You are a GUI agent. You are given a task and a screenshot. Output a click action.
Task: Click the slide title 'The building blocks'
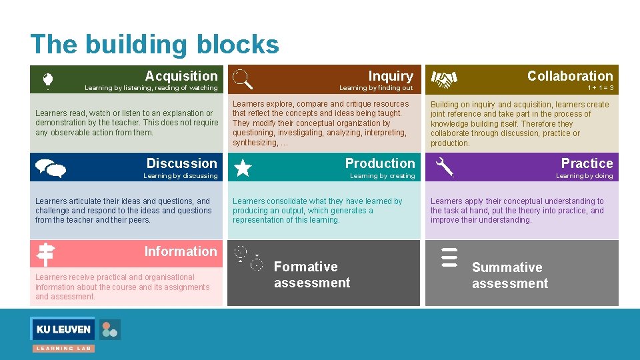pyautogui.click(x=155, y=44)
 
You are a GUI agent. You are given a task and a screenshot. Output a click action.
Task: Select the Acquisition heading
pyautogui.click(x=181, y=76)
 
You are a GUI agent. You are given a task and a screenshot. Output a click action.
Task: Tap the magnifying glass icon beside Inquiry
pyautogui.click(x=243, y=79)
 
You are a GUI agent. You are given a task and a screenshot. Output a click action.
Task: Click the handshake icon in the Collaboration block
pyautogui.click(x=444, y=80)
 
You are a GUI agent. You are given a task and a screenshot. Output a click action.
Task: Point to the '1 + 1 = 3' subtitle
pyautogui.click(x=600, y=88)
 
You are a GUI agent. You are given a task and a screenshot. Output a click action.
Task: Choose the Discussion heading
pyautogui.click(x=181, y=163)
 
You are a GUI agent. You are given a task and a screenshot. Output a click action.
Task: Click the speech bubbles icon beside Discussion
pyautogui.click(x=50, y=169)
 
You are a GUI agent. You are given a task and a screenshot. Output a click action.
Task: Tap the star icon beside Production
pyautogui.click(x=243, y=167)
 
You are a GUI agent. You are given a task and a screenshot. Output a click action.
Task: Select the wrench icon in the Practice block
pyautogui.click(x=444, y=167)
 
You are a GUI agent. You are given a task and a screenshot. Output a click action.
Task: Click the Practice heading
pyautogui.click(x=587, y=163)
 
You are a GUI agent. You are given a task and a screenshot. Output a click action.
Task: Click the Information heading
pyautogui.click(x=181, y=251)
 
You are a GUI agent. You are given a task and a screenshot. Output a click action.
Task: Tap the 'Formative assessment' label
pyautogui.click(x=311, y=275)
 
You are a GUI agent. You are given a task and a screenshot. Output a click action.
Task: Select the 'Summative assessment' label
pyautogui.click(x=509, y=275)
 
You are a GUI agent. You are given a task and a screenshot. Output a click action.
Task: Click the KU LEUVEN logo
pyautogui.click(x=64, y=329)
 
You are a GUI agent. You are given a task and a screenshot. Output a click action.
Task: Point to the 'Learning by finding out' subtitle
pyautogui.click(x=376, y=88)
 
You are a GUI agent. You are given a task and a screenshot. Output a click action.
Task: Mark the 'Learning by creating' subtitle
pyautogui.click(x=382, y=176)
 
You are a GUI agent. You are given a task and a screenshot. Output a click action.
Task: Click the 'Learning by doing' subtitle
pyautogui.click(x=584, y=176)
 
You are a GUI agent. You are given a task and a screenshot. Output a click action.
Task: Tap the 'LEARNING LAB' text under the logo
pyautogui.click(x=64, y=348)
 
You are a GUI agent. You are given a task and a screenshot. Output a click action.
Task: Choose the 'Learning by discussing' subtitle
pyautogui.click(x=180, y=176)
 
